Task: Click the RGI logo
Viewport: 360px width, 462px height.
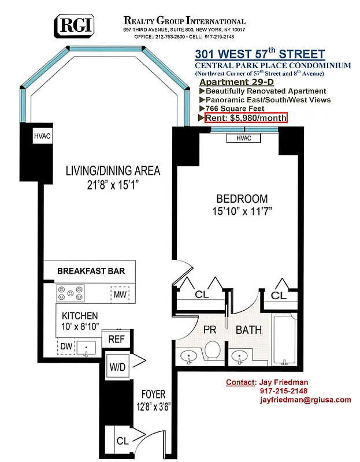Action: (75, 26)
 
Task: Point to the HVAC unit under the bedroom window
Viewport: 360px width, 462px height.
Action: (243, 138)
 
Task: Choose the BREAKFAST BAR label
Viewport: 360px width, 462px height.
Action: (91, 271)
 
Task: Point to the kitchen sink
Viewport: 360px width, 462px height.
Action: (88, 347)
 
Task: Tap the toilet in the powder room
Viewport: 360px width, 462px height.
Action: (212, 351)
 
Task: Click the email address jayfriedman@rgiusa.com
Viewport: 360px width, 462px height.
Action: (305, 400)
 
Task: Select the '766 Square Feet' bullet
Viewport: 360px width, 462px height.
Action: (235, 109)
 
